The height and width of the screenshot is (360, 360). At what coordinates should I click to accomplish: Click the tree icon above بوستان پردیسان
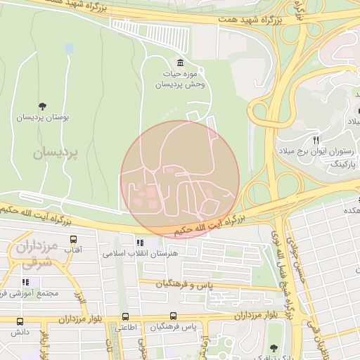44,107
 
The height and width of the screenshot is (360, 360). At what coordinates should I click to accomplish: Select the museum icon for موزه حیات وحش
180,62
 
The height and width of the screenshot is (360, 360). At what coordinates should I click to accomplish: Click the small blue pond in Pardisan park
69,49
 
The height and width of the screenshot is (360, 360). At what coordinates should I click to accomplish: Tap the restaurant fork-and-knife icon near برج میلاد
316,140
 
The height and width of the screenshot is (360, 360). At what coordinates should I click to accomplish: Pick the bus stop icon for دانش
19,321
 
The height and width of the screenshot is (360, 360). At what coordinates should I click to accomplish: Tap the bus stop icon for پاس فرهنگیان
176,316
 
